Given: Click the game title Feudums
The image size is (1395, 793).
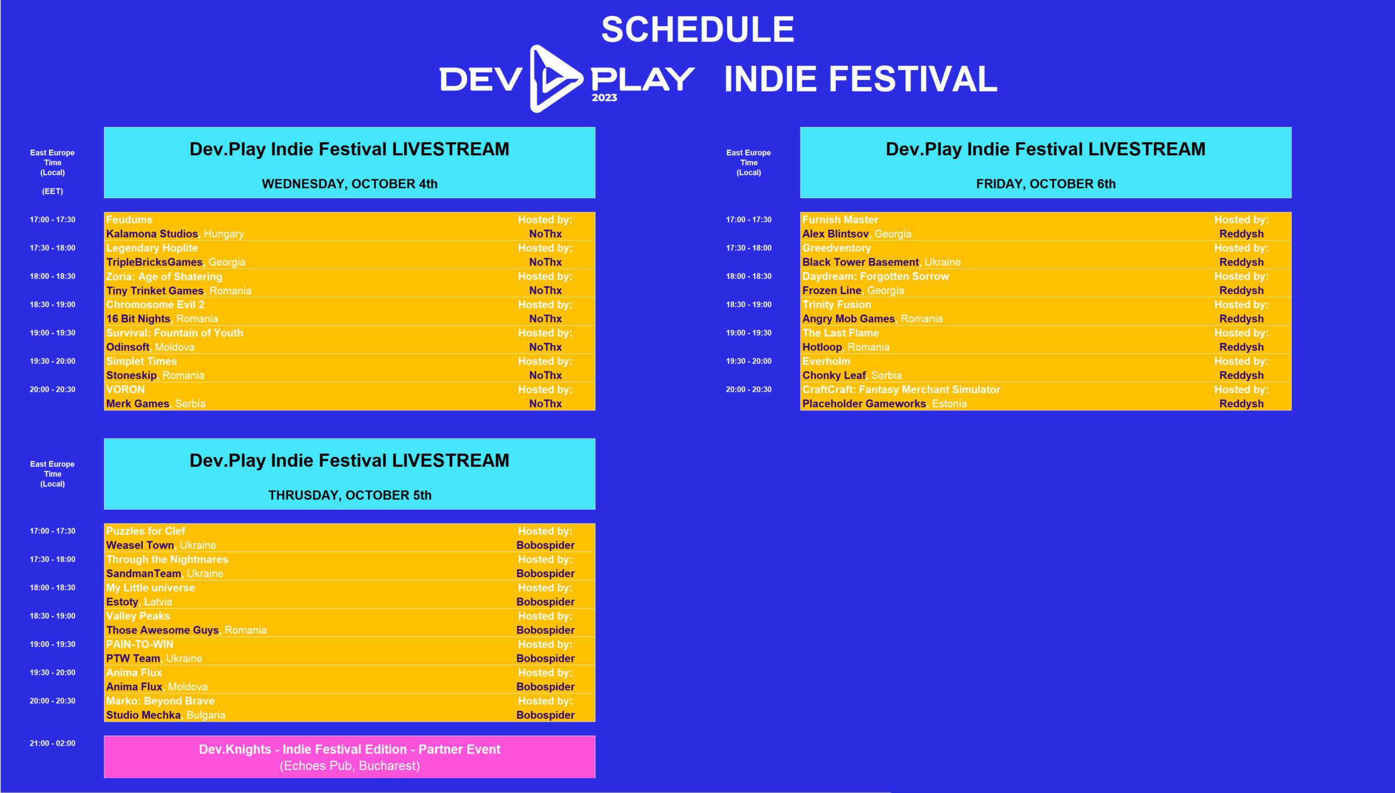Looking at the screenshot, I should pos(129,219).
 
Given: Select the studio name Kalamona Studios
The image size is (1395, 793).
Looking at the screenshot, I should pos(151,234).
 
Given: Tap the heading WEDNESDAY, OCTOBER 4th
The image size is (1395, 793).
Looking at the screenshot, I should pos(349,184).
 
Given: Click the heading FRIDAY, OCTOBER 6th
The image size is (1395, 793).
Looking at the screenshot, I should pos(1045,184).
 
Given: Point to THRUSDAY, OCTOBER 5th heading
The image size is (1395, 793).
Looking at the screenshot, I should pos(349,495).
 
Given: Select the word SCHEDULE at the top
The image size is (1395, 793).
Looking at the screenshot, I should pos(697,29).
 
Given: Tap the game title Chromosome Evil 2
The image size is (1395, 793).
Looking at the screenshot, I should pos(155,304).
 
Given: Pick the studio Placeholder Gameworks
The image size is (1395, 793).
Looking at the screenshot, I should pos(864,404).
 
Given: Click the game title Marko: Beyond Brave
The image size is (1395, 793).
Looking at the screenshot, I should pos(160,701).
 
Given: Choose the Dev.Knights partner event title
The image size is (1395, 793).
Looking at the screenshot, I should pos(349,749).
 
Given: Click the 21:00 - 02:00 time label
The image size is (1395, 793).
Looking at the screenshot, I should pos(52,743).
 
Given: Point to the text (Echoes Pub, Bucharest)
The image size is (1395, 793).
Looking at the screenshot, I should pos(349,766).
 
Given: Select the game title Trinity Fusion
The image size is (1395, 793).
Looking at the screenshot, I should pos(836,304).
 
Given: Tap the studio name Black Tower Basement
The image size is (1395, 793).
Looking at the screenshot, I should pos(860,262).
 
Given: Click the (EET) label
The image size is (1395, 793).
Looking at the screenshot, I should pos(52,191).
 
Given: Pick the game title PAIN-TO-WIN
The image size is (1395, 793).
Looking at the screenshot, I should pos(139,644).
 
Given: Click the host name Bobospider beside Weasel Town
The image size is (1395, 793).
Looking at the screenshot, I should pos(545,545).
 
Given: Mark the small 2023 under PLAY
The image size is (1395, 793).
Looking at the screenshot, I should pos(604,97).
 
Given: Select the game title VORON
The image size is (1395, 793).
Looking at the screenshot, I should pos(125,389).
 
